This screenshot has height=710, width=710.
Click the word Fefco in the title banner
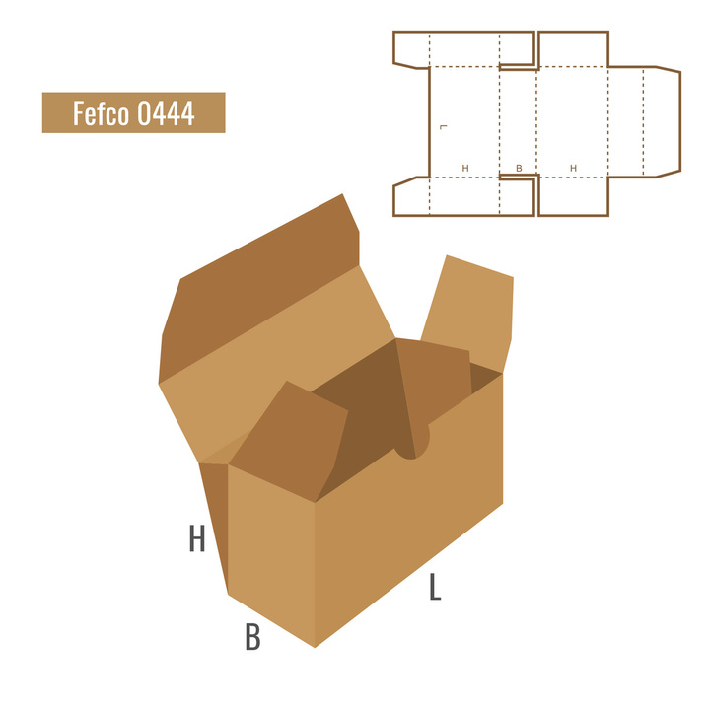click(101, 112)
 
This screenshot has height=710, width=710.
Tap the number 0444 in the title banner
click(166, 113)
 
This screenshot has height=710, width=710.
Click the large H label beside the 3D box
click(197, 538)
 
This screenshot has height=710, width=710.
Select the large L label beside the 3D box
click(435, 587)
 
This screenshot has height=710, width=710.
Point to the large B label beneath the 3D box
click(252, 637)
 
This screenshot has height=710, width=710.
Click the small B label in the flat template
click(519, 168)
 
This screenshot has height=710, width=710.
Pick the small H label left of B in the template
click(465, 168)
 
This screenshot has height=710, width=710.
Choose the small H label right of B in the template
click(573, 168)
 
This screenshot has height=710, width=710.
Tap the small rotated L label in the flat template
click(444, 127)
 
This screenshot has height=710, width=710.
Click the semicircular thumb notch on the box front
click(412, 446)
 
